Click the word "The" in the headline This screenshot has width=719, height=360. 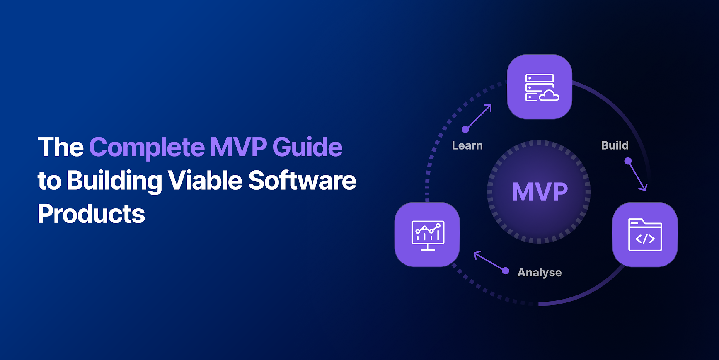pos(61,147)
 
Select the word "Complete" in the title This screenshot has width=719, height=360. pos(147,147)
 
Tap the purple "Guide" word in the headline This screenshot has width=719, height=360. pos(307,147)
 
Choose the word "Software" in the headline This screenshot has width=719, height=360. pos(302,181)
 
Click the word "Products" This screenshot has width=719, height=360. pos(91,214)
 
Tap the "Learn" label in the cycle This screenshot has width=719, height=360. pos(467,146)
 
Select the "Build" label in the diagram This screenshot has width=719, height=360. pos(615,145)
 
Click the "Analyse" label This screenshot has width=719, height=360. pos(540,273)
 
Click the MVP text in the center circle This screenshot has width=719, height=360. pos(540,192)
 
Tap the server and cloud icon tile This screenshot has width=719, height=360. pos(540,87)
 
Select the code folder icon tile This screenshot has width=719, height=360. pos(645,234)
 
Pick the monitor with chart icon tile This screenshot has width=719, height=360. pos(427,234)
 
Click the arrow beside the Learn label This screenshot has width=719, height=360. pos(478,117)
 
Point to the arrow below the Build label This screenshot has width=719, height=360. pos(637,175)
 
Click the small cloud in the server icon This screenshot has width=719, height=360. pos(549,96)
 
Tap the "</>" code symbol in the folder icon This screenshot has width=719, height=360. pos(645,239)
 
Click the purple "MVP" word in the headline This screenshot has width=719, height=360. pos(238,147)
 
